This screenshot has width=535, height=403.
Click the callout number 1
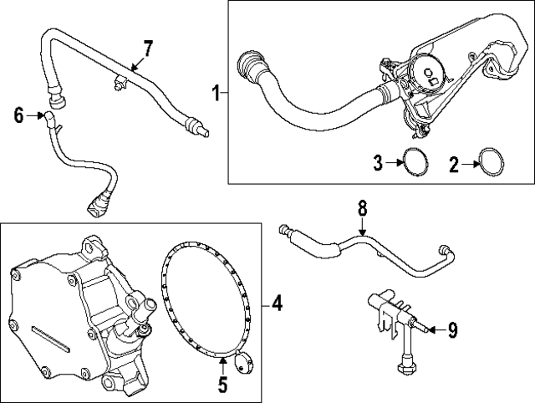tap(215, 94)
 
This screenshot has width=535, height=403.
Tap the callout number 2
tap(454, 162)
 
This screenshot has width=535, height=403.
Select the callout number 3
tap(378, 162)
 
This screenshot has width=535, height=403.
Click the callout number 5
tap(222, 385)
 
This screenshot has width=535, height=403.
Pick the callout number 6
tap(18, 115)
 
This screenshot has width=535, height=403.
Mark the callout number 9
tap(451, 331)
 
